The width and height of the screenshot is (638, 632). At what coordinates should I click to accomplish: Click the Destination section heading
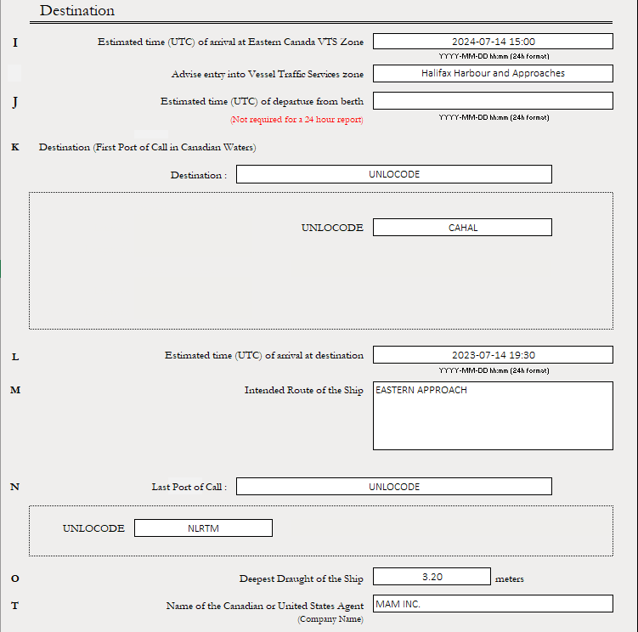click(77, 11)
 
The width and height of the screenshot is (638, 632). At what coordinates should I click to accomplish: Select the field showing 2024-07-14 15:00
click(493, 41)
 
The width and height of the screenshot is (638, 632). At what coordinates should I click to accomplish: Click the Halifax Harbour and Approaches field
click(493, 73)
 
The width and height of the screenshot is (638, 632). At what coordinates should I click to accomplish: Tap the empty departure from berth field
click(493, 100)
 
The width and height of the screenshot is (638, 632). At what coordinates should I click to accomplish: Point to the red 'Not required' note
click(296, 120)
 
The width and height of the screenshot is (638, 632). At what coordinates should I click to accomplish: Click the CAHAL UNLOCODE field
click(462, 227)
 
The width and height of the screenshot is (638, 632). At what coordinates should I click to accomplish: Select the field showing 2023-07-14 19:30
click(493, 355)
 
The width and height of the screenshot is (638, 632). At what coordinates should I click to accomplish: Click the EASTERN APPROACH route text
click(421, 391)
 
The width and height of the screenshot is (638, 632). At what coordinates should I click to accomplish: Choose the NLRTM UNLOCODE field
click(203, 528)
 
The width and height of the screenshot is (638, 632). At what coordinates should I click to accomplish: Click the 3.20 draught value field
click(432, 577)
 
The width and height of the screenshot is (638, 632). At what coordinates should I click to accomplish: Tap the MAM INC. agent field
click(493, 603)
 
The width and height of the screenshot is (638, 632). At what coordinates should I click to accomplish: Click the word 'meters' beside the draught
click(510, 579)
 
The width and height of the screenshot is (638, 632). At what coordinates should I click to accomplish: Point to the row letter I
click(14, 42)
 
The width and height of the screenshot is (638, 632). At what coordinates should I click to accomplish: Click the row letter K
click(14, 147)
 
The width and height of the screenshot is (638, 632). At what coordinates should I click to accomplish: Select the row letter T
click(14, 605)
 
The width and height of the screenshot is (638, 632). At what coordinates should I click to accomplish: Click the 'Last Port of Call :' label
click(189, 487)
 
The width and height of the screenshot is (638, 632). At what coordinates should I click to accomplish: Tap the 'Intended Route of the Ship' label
click(303, 391)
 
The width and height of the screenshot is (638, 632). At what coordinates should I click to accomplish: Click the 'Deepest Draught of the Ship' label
click(301, 579)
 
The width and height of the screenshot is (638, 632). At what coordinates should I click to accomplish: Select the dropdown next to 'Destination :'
click(394, 174)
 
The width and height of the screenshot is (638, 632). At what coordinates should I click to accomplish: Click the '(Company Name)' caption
click(330, 619)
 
